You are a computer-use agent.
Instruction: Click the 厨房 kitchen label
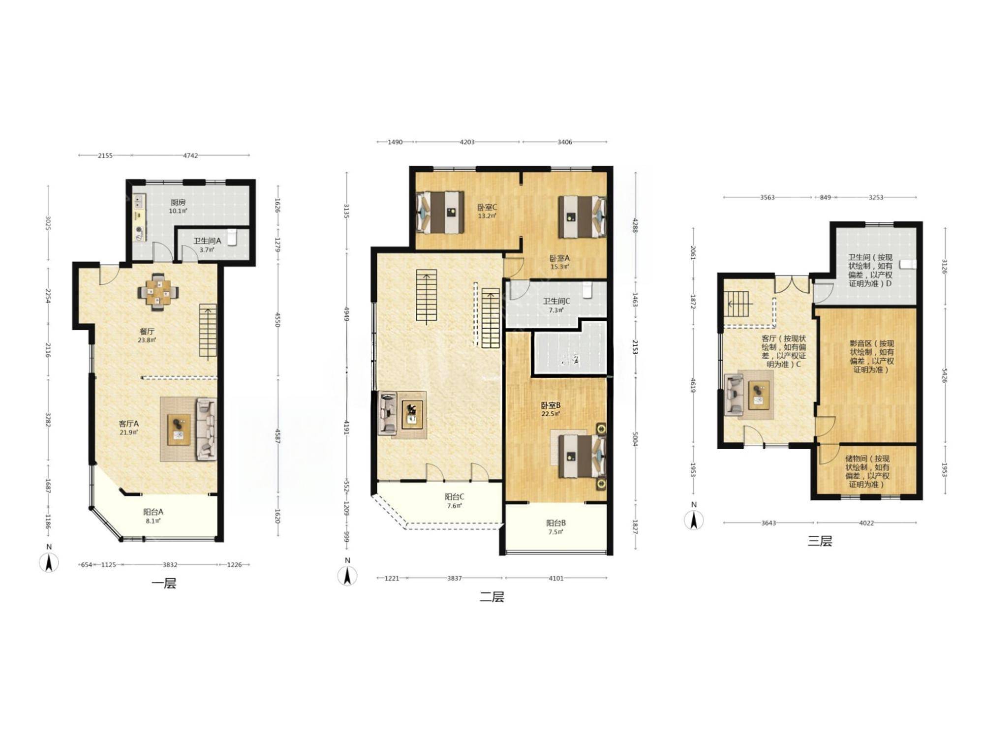tap(178, 202)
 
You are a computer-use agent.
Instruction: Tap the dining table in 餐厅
tap(158, 292)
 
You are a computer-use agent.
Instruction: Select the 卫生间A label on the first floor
tap(207, 241)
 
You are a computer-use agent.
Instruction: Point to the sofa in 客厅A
tap(206, 430)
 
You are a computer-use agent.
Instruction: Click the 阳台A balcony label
tap(153, 512)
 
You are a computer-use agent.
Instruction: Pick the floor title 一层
tap(164, 584)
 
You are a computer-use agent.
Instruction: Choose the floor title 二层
tap(492, 597)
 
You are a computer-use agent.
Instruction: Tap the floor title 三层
tap(820, 541)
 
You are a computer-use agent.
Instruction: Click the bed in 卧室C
tap(440, 212)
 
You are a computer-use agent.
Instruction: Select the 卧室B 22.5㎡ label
tap(551, 409)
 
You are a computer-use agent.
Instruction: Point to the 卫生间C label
tap(556, 301)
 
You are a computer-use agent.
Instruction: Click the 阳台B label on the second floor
tap(556, 523)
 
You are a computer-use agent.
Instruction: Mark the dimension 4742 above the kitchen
tap(190, 155)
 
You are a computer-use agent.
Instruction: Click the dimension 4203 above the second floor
tap(467, 142)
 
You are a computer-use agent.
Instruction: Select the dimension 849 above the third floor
tap(825, 197)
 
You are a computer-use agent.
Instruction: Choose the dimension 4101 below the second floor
tap(556, 579)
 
